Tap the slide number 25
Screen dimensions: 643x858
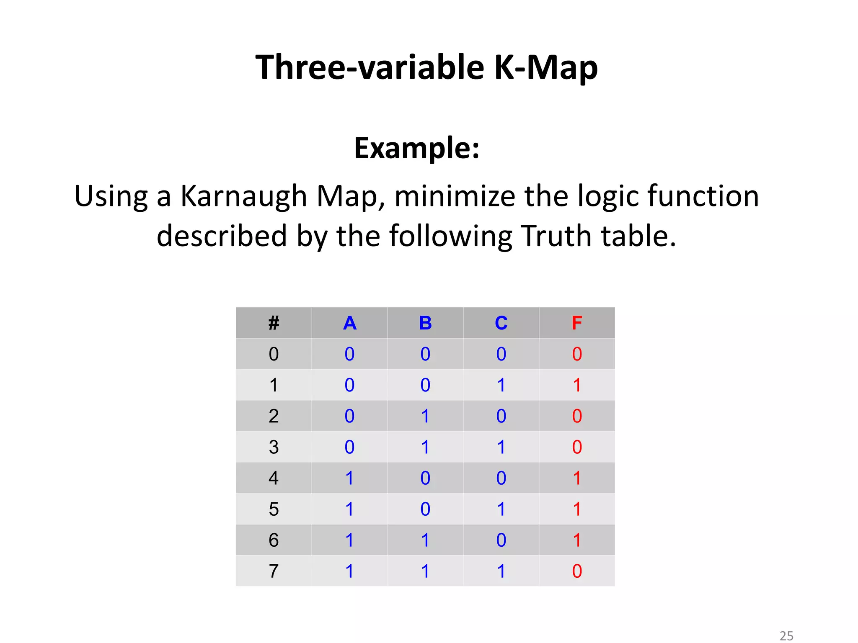(x=786, y=636)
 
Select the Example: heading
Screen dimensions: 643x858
(x=417, y=148)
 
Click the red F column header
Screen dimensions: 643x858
(x=577, y=323)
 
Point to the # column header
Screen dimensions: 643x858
(x=274, y=323)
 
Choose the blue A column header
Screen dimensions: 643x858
(x=350, y=323)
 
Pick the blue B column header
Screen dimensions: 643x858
(x=425, y=323)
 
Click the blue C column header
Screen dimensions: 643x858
(x=501, y=323)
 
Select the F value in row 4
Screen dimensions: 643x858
(x=577, y=478)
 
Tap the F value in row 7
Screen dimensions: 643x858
(x=577, y=571)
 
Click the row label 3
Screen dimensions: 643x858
(x=274, y=447)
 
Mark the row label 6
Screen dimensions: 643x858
(x=274, y=540)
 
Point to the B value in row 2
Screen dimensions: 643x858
(x=425, y=416)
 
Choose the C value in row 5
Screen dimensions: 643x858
(x=501, y=509)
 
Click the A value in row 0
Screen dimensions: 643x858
(x=350, y=354)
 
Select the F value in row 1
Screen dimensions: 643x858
(x=577, y=385)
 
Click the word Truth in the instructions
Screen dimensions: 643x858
(x=557, y=236)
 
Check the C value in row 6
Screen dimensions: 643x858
(x=501, y=540)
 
